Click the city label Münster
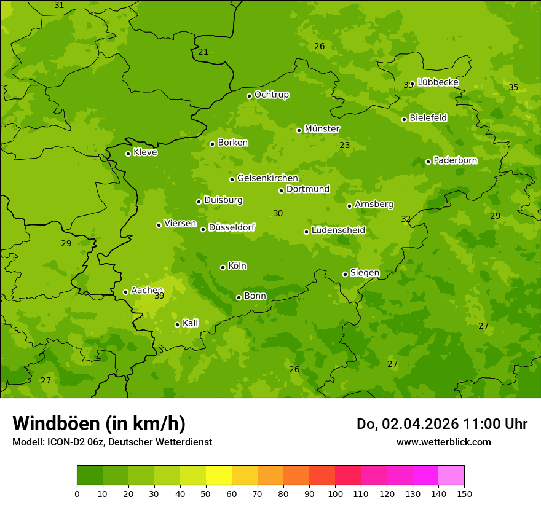pyautogui.click(x=322, y=129)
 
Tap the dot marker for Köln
pyautogui.click(x=223, y=267)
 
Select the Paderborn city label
pyautogui.click(x=455, y=160)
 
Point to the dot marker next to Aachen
pyautogui.click(x=125, y=292)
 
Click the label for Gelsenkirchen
pyautogui.click(x=267, y=178)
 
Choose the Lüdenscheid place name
pyautogui.click(x=338, y=230)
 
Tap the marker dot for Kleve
pyautogui.click(x=128, y=154)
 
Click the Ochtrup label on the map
pyautogui.click(x=271, y=95)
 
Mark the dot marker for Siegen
pyautogui.click(x=345, y=274)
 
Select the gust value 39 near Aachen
pyautogui.click(x=159, y=296)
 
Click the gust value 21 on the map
pyautogui.click(x=203, y=52)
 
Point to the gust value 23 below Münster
pyautogui.click(x=345, y=146)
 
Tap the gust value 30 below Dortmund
pyautogui.click(x=278, y=214)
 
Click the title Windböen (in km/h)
pyautogui.click(x=99, y=424)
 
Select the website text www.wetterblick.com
pyautogui.click(x=443, y=442)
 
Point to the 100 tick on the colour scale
pyautogui.click(x=335, y=493)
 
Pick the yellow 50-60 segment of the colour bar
pyautogui.click(x=219, y=476)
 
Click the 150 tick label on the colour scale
pyautogui.click(x=464, y=493)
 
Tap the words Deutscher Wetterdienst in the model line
pyautogui.click(x=161, y=442)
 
